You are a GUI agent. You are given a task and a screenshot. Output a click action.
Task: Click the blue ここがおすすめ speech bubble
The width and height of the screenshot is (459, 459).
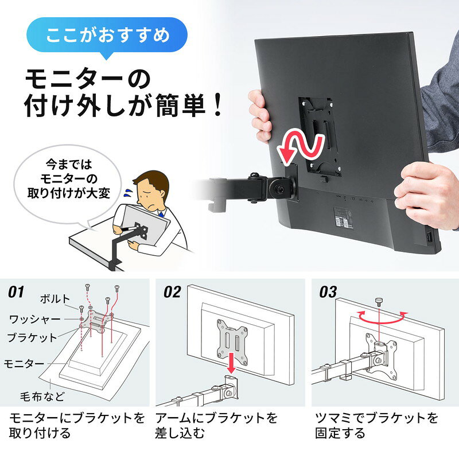pos(107,36)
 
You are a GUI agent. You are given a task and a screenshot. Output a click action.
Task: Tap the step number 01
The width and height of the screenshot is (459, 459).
pos(16,292)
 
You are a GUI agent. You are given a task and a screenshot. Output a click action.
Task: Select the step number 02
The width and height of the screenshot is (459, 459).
pos(172,292)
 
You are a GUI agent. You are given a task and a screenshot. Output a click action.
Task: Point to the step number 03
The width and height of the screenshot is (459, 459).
pos(328,292)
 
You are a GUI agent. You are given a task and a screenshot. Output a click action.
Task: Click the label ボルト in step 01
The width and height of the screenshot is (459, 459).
pos(55,299)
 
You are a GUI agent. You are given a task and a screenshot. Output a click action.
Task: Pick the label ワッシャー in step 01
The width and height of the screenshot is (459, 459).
pos(35,319)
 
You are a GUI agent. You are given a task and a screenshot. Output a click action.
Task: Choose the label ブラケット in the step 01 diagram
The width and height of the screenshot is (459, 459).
pos(32,337)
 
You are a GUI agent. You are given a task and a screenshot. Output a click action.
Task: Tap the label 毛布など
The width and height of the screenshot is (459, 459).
pos(42,396)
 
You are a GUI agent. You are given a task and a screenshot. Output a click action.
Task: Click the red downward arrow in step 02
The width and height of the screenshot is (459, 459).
pos(231,363)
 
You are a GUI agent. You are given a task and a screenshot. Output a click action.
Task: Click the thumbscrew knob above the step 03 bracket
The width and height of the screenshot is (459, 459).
pos(379,302)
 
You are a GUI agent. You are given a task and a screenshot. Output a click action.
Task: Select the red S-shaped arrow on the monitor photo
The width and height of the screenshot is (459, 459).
pos(302,146)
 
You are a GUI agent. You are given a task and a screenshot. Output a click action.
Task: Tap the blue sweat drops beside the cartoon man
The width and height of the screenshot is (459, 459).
pos(128,193)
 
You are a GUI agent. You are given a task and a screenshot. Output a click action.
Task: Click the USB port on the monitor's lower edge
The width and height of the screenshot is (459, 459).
pos(428,237)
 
